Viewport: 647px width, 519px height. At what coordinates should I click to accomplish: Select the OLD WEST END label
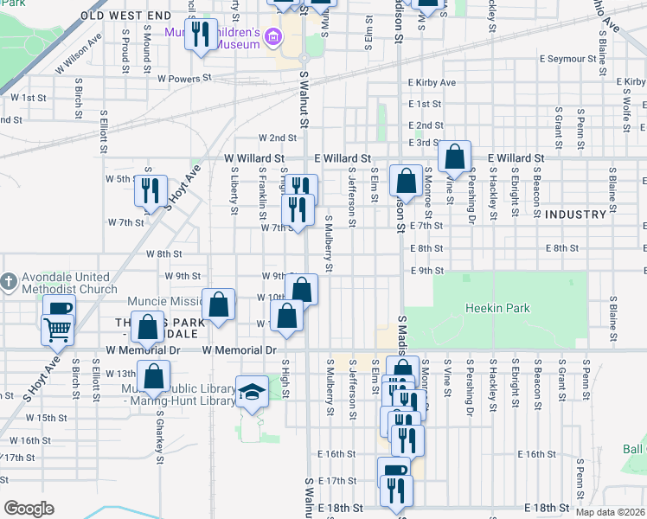click(126, 16)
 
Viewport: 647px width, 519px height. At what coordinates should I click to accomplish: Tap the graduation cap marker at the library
click(252, 394)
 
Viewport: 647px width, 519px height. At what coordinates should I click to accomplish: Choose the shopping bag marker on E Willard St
click(454, 157)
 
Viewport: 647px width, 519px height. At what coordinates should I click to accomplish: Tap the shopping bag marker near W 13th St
click(154, 376)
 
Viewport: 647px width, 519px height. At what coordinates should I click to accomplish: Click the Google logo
click(29, 509)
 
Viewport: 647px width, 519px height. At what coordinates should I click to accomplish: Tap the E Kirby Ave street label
click(432, 82)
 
